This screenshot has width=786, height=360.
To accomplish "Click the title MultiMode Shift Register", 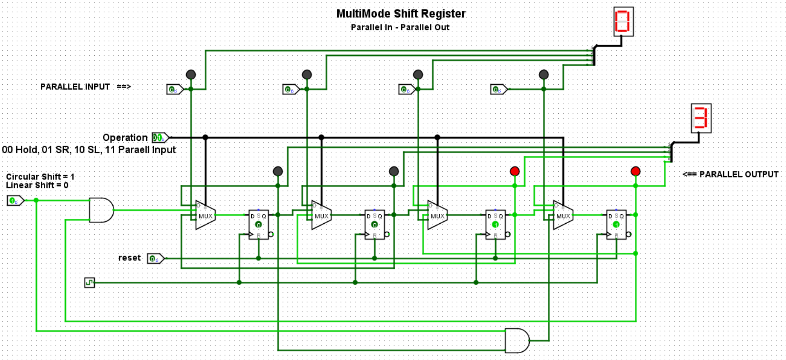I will coord(401,14).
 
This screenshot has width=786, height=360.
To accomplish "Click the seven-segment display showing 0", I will coord(623,21).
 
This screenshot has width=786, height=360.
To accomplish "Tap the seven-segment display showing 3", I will coord(701,118).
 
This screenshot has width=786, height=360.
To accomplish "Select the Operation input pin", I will coord(159,137).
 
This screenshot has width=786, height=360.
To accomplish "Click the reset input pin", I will coord(155,259).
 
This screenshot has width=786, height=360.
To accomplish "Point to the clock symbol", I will coord(89,283).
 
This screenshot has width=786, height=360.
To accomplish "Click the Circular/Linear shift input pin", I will coord(15,201).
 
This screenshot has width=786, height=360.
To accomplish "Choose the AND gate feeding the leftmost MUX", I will coord(101,210).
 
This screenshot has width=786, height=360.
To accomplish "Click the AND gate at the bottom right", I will coord(516,341).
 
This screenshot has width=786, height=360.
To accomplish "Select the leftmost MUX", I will coord(205,215).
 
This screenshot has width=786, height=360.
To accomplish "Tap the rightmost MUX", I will coord(563,215).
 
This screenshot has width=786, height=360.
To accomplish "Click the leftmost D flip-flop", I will coord(259,224).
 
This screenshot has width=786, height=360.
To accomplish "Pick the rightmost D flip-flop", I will coord(616,224).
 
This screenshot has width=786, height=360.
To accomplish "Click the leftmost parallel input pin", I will coord(174,89).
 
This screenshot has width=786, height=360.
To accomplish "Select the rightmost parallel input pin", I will coord(498,89).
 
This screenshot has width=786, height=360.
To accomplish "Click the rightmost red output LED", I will coord(635,171).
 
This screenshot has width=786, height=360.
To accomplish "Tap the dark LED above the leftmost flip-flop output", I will coord(278,171).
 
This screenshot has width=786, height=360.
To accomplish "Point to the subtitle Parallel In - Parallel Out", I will coord(400,27).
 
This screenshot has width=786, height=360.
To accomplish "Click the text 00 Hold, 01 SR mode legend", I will coord(89,150).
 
